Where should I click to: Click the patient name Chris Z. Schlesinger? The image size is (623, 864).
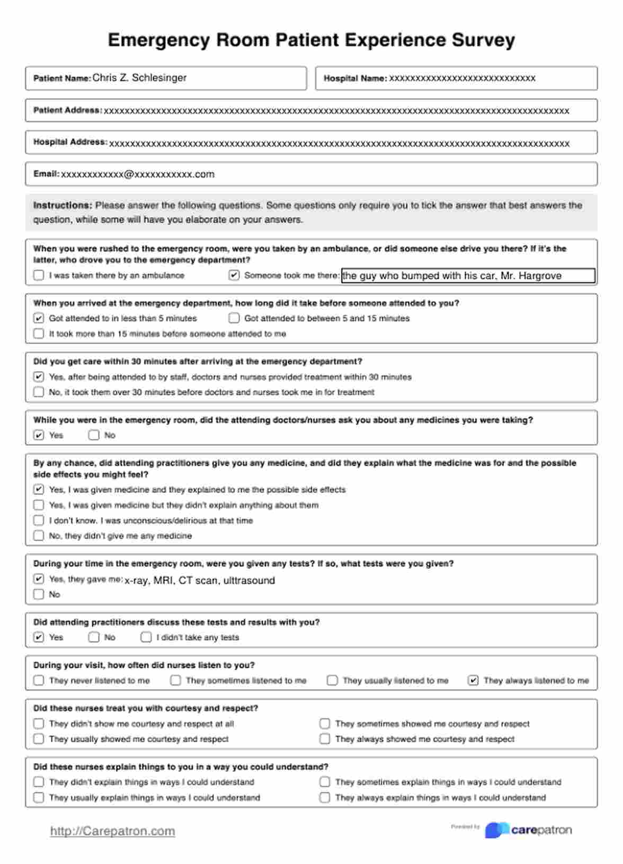coord(139,78)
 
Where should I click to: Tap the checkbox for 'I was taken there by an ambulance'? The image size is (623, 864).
coord(39,275)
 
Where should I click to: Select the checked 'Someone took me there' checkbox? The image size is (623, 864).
coord(234,275)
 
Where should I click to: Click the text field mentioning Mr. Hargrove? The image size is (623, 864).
coord(468,276)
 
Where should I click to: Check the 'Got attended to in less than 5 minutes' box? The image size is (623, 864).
coord(39,318)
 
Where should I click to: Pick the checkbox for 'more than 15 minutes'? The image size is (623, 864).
coord(39,333)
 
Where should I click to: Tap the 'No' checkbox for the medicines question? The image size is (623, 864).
coord(94,435)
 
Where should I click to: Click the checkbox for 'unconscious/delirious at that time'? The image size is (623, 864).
coord(39,521)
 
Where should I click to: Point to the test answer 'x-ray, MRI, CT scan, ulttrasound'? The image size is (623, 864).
coord(200,580)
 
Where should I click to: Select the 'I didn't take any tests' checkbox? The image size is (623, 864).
coord(146,637)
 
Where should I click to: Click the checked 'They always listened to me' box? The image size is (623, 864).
coord(473,680)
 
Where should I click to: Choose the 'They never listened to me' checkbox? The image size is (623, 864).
coord(39,680)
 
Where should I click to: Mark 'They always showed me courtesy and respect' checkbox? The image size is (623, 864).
coord(325,739)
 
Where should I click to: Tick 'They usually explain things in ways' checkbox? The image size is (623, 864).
coord(39,797)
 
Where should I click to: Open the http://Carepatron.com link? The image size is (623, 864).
coord(112,831)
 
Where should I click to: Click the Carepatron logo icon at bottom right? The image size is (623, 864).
coord(497,830)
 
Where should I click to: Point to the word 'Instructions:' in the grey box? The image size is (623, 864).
coord(63,206)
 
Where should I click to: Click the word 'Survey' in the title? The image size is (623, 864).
coord(483,40)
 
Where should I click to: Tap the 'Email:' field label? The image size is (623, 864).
coord(46,174)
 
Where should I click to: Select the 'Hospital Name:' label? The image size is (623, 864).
coord(355,78)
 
